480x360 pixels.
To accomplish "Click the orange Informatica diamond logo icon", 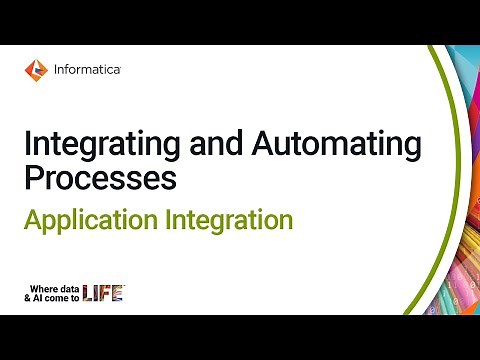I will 37,69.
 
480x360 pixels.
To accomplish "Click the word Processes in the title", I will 100,179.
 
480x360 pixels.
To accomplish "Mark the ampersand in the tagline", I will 32,297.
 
